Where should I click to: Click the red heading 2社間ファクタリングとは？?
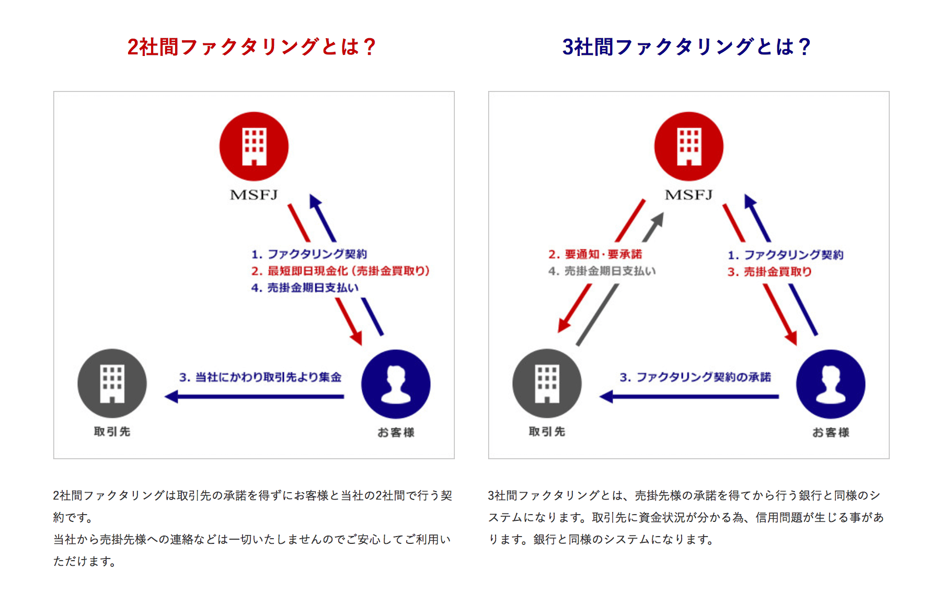click(251, 47)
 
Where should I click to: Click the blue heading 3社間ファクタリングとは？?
click(686, 47)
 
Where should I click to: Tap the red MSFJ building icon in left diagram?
click(254, 146)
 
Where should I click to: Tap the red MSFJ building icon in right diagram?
click(689, 146)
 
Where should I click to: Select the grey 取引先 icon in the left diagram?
click(112, 383)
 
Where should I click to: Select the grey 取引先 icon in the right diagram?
click(547, 383)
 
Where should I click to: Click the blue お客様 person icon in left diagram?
click(396, 384)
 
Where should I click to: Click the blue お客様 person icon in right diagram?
click(831, 384)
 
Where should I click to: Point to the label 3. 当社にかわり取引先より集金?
click(260, 377)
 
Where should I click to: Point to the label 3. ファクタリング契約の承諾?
click(695, 377)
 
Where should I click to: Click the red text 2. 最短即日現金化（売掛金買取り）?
click(340, 271)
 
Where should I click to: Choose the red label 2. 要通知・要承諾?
click(595, 254)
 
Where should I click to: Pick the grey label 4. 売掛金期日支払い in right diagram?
click(602, 271)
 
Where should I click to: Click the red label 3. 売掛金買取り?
click(769, 272)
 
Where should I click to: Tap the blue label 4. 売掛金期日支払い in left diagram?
click(305, 288)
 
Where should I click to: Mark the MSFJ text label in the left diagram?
click(254, 195)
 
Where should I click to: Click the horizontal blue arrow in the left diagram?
click(254, 397)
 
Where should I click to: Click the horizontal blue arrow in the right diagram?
click(689, 397)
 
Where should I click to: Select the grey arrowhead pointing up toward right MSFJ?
click(657, 221)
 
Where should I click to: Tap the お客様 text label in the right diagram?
click(831, 432)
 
